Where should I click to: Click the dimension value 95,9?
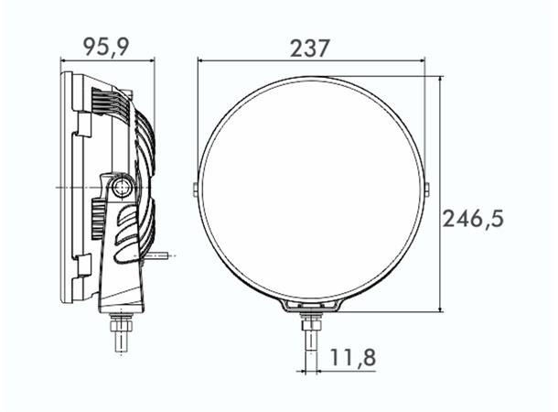106,46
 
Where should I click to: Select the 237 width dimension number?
309,48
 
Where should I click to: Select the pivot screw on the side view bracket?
122,188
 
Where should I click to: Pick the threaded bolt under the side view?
120,341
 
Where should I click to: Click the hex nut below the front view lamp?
311,322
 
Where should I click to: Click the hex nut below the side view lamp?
120,321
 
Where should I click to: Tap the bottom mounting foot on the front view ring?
311,306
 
